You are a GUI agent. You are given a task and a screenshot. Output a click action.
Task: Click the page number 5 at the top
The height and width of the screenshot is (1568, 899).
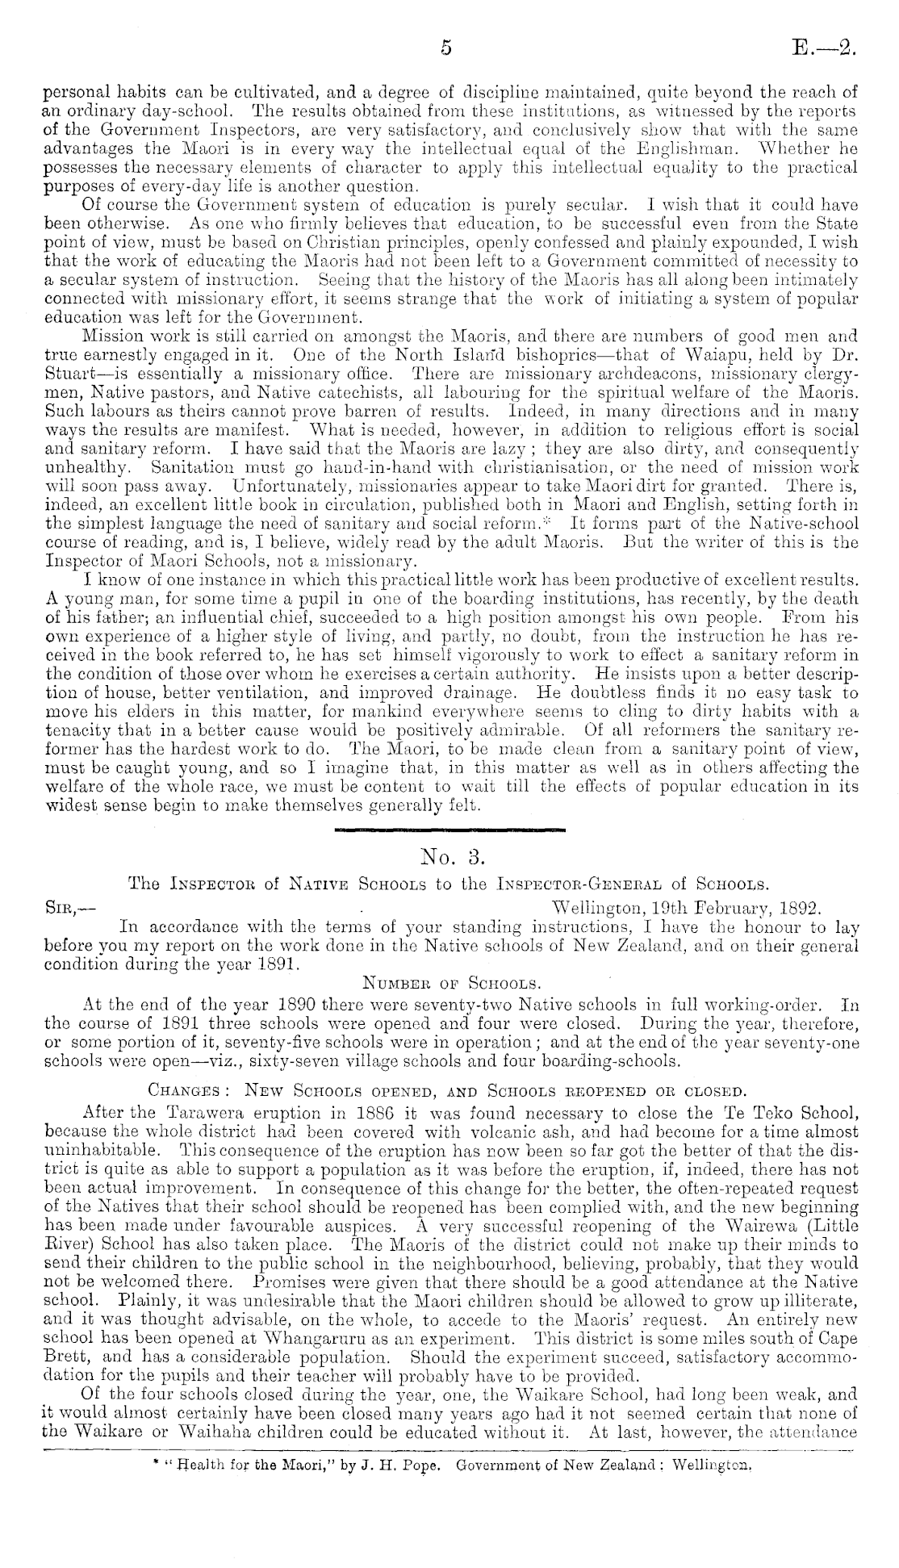click(445, 48)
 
